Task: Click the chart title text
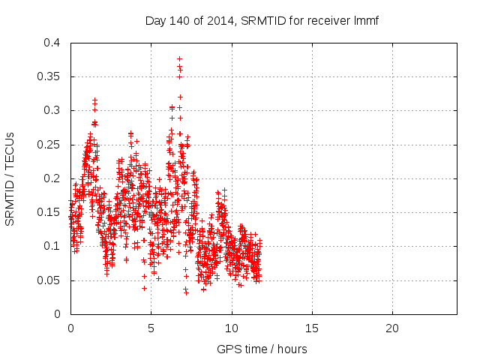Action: (262, 20)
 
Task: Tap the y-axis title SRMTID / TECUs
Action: (10, 179)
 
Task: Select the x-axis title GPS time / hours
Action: (262, 349)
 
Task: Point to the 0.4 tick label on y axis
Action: (52, 43)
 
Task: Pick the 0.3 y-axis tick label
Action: (52, 110)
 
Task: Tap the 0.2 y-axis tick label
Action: (52, 178)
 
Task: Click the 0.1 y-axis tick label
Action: (52, 246)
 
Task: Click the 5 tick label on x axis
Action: (151, 328)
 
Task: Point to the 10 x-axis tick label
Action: (232, 328)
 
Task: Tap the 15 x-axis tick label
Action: (312, 328)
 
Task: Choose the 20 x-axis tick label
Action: (392, 328)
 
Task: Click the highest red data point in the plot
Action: (179, 58)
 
